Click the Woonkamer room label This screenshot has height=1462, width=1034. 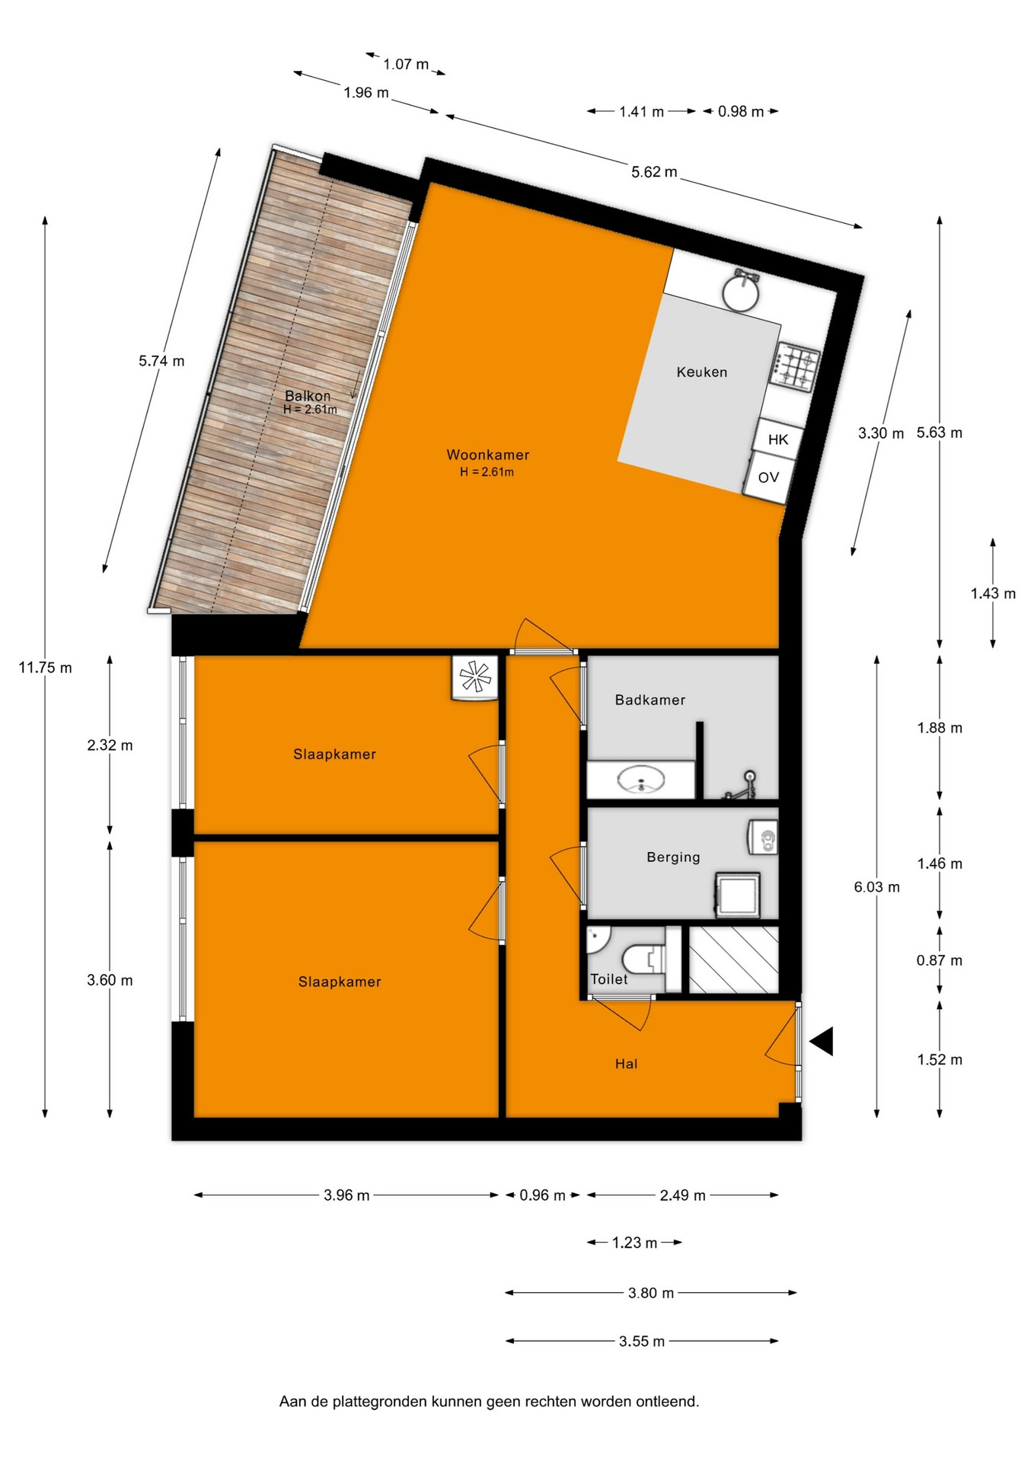click(x=487, y=455)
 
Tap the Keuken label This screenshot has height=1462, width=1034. click(x=702, y=372)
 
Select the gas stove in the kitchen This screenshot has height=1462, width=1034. click(x=796, y=367)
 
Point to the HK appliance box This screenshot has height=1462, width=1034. click(x=778, y=439)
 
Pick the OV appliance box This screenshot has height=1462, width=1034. click(x=768, y=477)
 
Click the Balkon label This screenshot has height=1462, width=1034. click(x=308, y=396)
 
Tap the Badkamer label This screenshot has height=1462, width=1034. click(x=650, y=700)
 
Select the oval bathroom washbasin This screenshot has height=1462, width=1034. click(x=640, y=780)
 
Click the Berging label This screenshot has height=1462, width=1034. click(x=673, y=857)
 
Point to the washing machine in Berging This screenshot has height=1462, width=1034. click(x=737, y=894)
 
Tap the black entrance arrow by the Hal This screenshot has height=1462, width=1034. click(x=822, y=1041)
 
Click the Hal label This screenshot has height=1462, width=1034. click(x=626, y=1064)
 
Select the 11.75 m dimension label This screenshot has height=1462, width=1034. click(x=46, y=668)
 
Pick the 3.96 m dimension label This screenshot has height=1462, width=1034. click(x=346, y=1195)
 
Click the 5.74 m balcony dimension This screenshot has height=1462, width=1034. click(x=161, y=361)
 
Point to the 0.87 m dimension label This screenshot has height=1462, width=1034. click(x=940, y=961)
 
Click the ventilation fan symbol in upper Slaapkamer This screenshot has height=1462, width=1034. click(x=475, y=677)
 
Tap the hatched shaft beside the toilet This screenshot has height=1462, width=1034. click(x=734, y=959)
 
